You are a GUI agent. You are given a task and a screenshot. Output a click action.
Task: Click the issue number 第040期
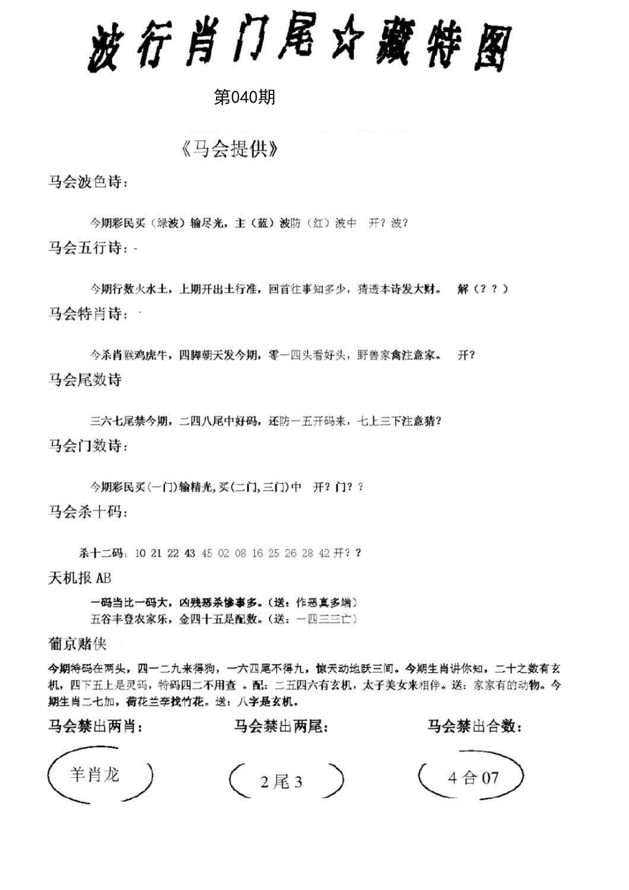244,97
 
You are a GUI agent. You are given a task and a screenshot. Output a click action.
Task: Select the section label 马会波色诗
88,182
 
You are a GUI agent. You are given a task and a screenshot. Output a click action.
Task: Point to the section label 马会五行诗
88,248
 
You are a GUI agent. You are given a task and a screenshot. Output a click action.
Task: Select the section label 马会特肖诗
88,314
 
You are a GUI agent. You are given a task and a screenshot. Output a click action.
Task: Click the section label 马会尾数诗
85,380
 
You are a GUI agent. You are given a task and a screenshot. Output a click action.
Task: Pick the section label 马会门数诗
88,446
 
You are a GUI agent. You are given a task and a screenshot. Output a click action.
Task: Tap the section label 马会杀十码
88,511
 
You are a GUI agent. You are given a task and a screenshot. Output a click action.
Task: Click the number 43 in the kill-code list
190,554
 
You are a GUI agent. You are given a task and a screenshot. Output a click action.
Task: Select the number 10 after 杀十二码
140,554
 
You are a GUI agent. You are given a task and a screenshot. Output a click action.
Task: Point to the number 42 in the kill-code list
324,554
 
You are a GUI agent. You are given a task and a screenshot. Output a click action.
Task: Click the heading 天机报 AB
80,578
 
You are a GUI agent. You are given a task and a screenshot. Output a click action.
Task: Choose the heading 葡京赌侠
77,644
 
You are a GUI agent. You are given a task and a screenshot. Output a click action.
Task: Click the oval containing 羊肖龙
100,775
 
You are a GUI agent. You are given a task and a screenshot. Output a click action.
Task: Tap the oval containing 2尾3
286,781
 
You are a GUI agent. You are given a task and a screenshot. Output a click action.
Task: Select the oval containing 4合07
471,777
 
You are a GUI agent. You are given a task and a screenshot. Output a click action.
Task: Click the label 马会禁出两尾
281,726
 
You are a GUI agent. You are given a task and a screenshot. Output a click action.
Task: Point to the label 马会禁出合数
474,726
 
